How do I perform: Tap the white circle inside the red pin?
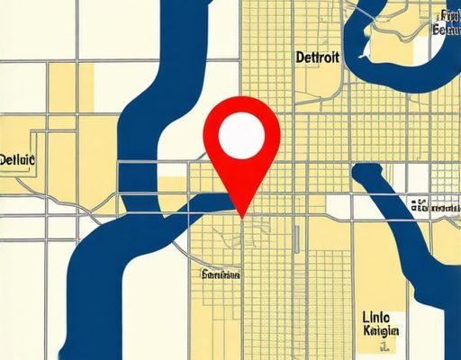pyautogui.click(x=243, y=135)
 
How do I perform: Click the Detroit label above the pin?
pyautogui.click(x=318, y=58)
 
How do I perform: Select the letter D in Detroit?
pyautogui.click(x=300, y=58)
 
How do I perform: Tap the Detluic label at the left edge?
pyautogui.click(x=17, y=160)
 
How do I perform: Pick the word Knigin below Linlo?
pyautogui.click(x=379, y=332)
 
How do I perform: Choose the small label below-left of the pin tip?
pyautogui.click(x=221, y=275)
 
